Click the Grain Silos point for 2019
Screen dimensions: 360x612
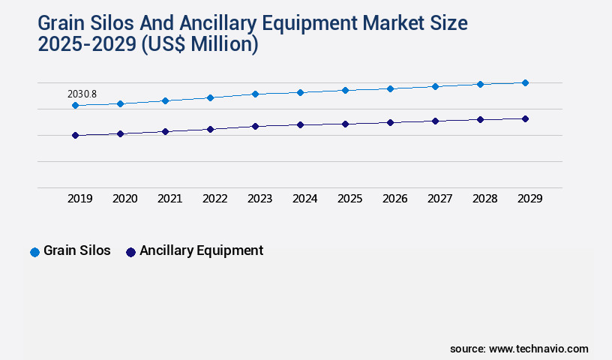(75, 106)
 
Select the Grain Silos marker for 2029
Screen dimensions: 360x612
(525, 82)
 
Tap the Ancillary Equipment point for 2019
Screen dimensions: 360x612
(75, 136)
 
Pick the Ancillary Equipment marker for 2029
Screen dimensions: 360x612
(525, 118)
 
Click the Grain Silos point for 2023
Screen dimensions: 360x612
(255, 94)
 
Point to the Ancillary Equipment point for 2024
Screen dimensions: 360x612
(300, 124)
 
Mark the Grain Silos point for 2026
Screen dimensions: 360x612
(390, 88)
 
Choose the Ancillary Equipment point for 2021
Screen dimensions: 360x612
(165, 131)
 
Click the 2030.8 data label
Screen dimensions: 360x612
(82, 94)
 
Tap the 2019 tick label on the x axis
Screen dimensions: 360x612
(80, 199)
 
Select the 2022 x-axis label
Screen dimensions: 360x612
(215, 199)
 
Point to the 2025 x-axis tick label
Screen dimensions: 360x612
(350, 199)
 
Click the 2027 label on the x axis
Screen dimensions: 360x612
(440, 199)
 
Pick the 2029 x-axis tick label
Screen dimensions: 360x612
(529, 199)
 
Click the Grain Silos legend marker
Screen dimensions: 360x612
(34, 252)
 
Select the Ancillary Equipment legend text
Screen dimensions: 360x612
(201, 251)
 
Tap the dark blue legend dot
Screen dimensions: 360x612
(130, 252)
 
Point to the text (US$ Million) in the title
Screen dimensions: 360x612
(201, 44)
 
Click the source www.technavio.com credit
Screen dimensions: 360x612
(519, 349)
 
